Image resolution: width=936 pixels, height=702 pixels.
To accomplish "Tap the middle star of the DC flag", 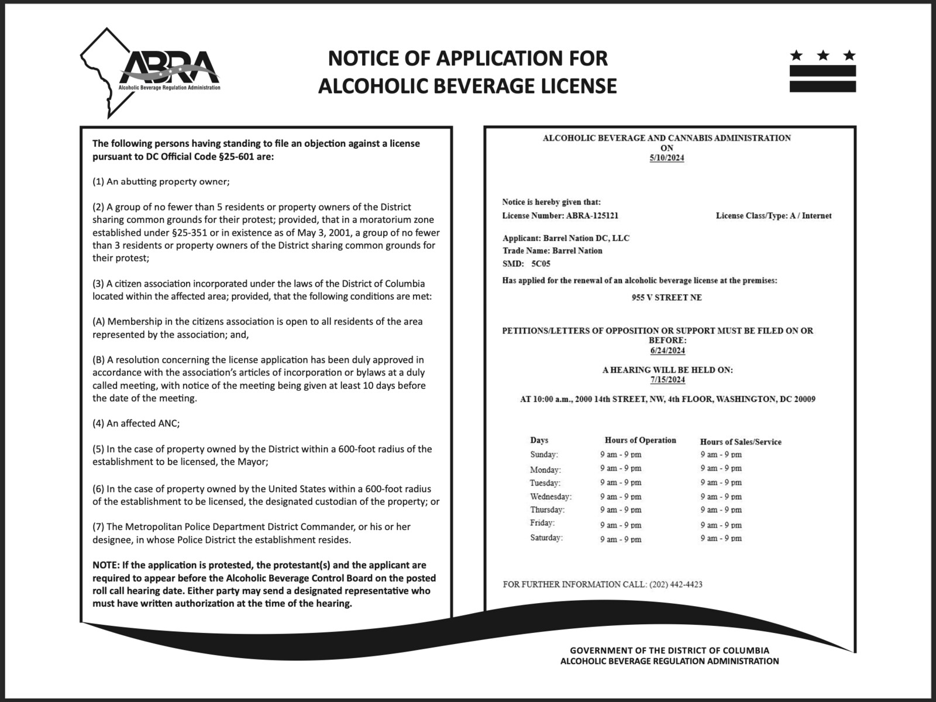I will click(823, 56).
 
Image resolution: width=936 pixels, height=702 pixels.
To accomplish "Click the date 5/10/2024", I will click(666, 158).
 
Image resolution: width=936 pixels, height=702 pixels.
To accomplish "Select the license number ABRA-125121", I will click(592, 215).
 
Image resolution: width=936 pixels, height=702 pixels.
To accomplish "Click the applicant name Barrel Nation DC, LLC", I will click(586, 238).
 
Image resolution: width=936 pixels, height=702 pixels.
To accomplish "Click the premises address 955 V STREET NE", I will click(666, 297).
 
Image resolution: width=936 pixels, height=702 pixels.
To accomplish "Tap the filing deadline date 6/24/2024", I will click(667, 350).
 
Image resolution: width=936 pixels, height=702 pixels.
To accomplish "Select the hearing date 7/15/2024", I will click(667, 380).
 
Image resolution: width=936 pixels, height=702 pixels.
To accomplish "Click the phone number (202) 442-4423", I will click(676, 584).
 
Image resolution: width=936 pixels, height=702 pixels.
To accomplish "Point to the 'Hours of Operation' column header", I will click(640, 441).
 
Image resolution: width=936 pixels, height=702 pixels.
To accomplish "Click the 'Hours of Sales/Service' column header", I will click(741, 442).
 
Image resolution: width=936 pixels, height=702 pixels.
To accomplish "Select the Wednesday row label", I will click(550, 497).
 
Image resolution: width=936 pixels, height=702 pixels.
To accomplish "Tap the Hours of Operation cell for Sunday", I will click(621, 455).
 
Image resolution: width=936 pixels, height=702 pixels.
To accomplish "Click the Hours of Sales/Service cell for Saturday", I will click(721, 539).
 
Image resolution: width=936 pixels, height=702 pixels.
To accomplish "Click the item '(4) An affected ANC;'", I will click(140, 424).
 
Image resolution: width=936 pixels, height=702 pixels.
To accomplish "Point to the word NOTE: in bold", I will click(106, 565).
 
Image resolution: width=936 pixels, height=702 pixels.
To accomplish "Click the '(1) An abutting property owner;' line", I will click(161, 181).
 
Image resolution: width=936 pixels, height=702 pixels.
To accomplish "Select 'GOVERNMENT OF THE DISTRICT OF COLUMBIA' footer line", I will click(669, 650).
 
